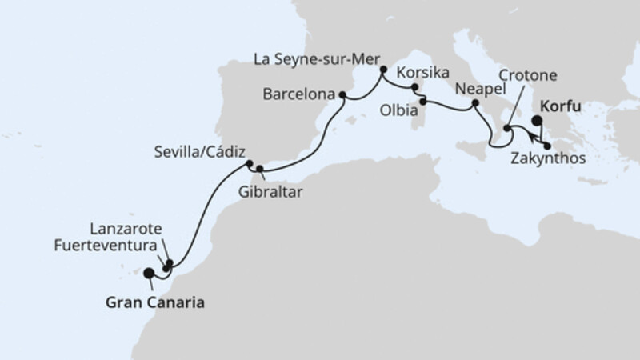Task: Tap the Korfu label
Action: tap(559, 105)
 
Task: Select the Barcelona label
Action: tap(298, 94)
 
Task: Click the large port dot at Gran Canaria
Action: tap(149, 273)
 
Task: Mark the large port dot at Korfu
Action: tap(537, 122)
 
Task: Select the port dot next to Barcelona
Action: tap(343, 96)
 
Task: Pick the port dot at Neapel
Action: tap(474, 103)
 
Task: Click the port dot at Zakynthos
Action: tap(547, 145)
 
